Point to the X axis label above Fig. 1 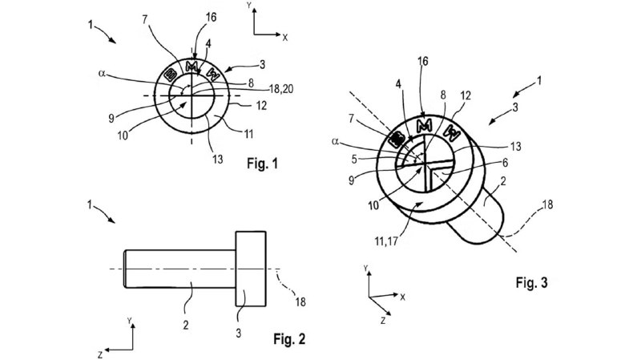tap(284, 37)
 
